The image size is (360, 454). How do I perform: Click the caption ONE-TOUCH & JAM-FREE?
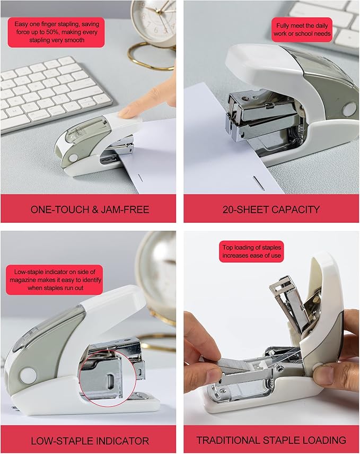(90, 209)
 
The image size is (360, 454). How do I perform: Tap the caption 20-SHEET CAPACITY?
(270, 209)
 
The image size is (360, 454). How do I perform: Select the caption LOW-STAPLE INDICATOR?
(90, 440)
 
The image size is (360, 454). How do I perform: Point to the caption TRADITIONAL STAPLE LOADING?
(271, 440)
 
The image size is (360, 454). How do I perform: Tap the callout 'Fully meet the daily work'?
(302, 30)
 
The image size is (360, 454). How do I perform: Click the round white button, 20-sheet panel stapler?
(349, 109)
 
